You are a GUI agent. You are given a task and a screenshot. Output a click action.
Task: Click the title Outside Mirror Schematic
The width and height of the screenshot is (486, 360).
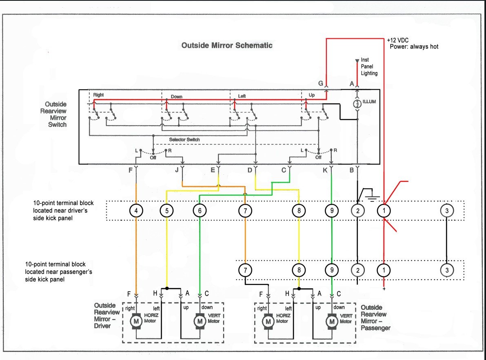tap(227, 46)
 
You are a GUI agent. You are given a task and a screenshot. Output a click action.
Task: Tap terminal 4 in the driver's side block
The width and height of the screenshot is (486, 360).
tap(136, 211)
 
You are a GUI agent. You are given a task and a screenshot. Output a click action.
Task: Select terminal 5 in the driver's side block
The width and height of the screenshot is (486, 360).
tap(167, 211)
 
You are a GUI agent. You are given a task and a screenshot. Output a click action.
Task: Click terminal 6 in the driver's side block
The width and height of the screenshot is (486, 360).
tap(200, 211)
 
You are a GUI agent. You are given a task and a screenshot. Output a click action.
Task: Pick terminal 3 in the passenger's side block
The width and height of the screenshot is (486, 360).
tap(447, 270)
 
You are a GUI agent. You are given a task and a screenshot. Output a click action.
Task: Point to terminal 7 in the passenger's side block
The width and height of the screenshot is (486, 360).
tap(245, 270)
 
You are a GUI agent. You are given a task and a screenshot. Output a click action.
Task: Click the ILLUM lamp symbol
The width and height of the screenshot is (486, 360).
tap(357, 104)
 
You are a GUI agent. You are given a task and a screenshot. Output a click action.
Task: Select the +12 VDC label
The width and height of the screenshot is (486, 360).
tap(398, 40)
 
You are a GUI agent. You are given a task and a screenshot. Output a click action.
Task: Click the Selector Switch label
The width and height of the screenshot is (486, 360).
tap(184, 139)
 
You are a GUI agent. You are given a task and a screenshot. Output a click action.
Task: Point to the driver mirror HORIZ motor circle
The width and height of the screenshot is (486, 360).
tap(136, 321)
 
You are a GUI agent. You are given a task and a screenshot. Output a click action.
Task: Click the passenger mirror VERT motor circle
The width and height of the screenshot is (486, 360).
tap(332, 322)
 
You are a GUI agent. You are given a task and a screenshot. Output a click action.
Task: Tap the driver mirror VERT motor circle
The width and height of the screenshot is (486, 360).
tap(200, 321)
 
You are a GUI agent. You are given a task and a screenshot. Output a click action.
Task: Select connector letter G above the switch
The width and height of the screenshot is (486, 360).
tap(321, 83)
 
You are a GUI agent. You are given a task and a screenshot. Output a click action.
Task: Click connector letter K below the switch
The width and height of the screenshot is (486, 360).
tap(325, 170)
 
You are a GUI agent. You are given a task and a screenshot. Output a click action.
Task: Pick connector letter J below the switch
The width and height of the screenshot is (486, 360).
tap(177, 170)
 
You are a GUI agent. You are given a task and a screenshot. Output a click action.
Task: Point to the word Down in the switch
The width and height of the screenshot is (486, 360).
tap(177, 97)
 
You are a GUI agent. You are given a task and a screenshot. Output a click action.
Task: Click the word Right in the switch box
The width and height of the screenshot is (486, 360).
tap(99, 95)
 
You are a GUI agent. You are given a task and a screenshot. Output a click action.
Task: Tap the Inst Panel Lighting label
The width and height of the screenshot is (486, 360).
tap(369, 66)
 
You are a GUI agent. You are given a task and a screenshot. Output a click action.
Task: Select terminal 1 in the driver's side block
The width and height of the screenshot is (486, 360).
tap(384, 211)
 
